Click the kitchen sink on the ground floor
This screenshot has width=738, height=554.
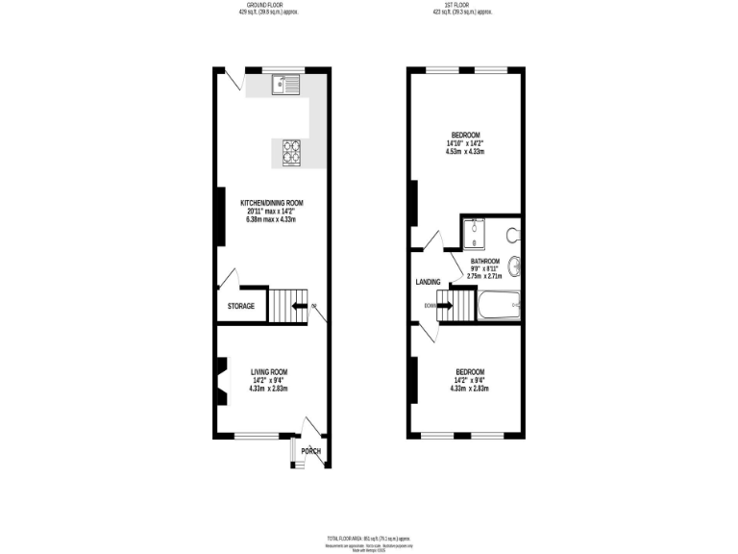(x=287, y=86)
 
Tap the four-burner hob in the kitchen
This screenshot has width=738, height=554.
(x=292, y=152)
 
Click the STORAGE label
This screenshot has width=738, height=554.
(x=241, y=306)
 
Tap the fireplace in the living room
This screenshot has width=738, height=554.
(x=221, y=380)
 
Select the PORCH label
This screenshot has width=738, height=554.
(x=310, y=451)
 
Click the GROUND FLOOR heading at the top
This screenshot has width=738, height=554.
(x=270, y=6)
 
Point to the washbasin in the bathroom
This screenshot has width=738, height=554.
(x=517, y=265)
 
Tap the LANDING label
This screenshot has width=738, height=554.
(x=428, y=282)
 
